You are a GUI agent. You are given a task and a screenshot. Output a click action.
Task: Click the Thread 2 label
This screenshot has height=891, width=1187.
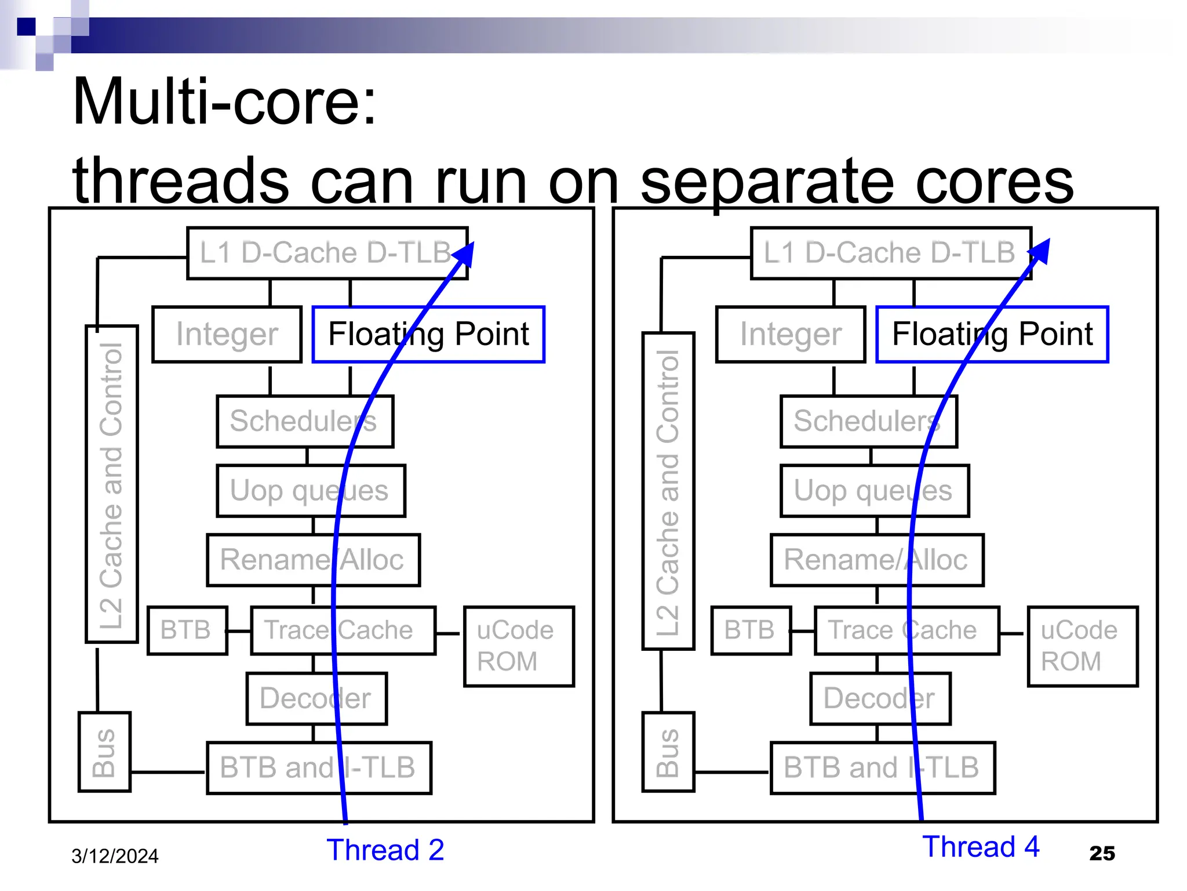pyautogui.click(x=385, y=850)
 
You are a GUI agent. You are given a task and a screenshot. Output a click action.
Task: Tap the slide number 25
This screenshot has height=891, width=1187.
pyautogui.click(x=1102, y=853)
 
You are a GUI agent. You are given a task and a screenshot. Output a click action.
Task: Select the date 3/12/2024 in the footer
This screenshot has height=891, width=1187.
pyautogui.click(x=115, y=856)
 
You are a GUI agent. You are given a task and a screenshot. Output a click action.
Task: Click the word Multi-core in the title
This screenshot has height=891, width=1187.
pyautogui.click(x=224, y=102)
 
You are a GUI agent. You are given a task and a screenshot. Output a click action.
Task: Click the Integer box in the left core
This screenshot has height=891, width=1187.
pyautogui.click(x=227, y=335)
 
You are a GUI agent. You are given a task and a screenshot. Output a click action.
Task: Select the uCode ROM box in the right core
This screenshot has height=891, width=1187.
pyautogui.click(x=1082, y=646)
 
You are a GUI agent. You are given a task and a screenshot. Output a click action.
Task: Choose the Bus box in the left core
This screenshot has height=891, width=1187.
pyautogui.click(x=104, y=752)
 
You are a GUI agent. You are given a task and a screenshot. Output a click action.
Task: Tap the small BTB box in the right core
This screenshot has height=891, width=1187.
pyautogui.click(x=751, y=631)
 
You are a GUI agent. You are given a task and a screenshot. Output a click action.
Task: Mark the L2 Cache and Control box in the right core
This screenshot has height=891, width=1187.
pyautogui.click(x=668, y=491)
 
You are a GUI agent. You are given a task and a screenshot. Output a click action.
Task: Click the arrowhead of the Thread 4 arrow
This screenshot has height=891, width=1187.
pyautogui.click(x=1042, y=251)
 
